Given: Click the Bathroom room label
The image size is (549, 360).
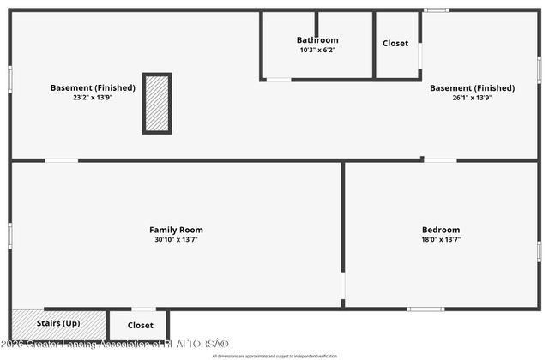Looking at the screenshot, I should [317, 40].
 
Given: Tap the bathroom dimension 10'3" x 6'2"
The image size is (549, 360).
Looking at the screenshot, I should [317, 51].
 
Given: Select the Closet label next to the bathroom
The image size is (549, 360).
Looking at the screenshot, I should [395, 43].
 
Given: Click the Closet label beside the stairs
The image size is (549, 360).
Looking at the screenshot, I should [141, 326].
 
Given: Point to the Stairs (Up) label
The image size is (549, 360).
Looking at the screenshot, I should [58, 323].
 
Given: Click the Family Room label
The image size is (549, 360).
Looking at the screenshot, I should [176, 230].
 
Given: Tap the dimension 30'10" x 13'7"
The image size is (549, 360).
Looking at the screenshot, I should [176, 239].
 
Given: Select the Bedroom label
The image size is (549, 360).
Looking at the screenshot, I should [441, 230].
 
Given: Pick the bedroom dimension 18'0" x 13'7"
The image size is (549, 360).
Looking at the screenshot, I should [441, 239].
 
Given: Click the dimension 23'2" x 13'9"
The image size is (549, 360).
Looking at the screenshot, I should [93, 98].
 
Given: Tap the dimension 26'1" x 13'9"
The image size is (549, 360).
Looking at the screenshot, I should [472, 98].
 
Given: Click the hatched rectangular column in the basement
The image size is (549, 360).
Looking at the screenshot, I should [157, 103].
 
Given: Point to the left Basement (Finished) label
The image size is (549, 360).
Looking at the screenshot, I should [93, 87].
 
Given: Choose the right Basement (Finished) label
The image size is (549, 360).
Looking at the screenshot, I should [472, 87].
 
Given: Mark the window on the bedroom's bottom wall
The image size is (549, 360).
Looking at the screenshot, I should [425, 309].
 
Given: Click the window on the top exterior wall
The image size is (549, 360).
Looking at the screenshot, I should [437, 10].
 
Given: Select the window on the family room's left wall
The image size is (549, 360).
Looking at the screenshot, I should [10, 233].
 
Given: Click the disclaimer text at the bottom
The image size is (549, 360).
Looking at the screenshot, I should [274, 355].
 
